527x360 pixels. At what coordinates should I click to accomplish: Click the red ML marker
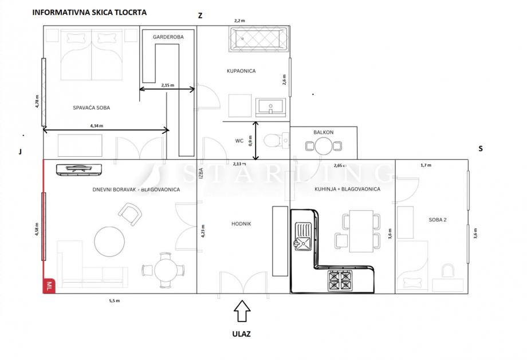point(49,287)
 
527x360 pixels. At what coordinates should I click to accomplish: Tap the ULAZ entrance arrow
point(242,311)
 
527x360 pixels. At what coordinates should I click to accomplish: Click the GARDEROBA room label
point(168,37)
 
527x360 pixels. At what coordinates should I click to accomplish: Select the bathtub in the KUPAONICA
point(258,39)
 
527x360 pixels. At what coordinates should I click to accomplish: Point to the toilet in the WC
point(276,140)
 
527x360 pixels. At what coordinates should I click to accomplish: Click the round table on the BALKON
point(323,146)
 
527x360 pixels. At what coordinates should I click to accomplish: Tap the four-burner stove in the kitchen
point(340,281)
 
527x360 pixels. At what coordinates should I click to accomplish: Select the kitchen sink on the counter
point(303,236)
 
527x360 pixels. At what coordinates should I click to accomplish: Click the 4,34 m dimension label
point(96,126)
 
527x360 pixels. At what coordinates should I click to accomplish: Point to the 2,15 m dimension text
point(168,85)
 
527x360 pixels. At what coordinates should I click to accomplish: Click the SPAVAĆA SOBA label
point(92,108)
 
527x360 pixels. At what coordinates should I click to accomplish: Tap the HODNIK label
point(241,224)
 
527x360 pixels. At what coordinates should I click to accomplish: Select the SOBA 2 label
point(438,220)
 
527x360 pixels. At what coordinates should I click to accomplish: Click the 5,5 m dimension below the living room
point(114,300)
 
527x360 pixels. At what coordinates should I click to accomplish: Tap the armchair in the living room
point(129,214)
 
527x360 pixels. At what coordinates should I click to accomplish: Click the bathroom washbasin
point(270,108)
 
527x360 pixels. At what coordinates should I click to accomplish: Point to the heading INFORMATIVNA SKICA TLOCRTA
point(89,13)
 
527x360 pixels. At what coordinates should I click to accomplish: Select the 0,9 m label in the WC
point(250,141)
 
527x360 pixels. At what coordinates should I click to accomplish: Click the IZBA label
point(201,173)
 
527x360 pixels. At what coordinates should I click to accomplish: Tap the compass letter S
point(481,148)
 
